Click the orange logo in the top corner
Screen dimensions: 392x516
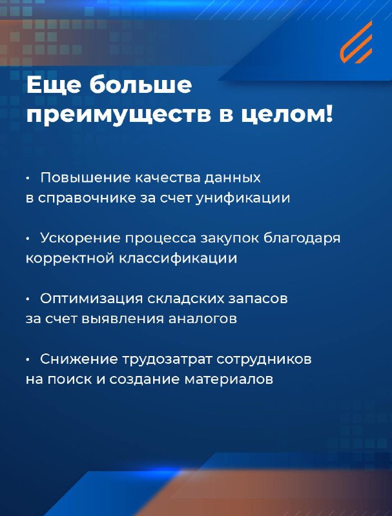tap(356, 42)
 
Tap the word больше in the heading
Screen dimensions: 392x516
tap(141, 85)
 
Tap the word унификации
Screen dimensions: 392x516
tap(243, 199)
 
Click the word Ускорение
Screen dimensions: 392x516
tap(80, 238)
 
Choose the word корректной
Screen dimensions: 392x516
tap(70, 259)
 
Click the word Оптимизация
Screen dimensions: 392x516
tap(92, 299)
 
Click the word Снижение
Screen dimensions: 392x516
tap(79, 359)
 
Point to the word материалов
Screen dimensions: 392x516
tap(229, 380)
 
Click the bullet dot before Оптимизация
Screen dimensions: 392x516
tap(28, 299)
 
